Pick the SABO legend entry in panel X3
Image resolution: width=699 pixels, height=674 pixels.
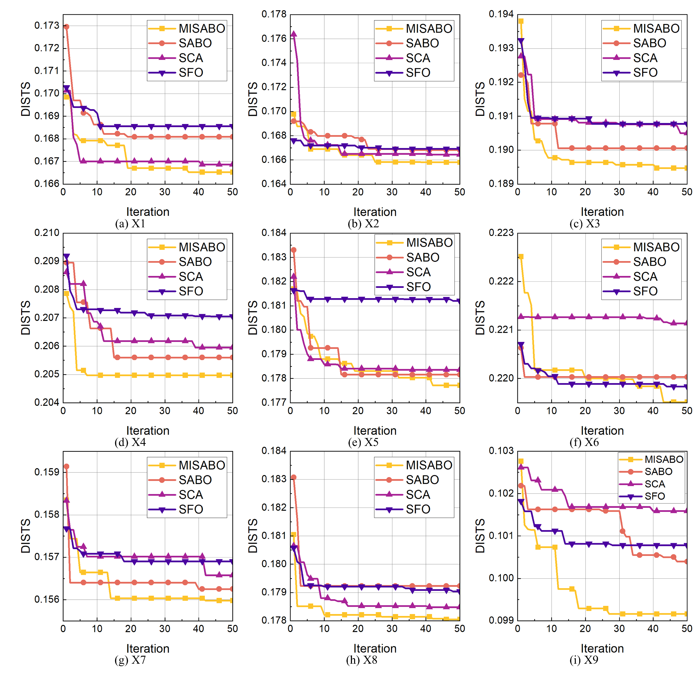(649, 43)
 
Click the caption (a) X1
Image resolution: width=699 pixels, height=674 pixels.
(130, 224)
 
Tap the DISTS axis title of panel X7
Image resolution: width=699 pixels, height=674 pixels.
(26, 536)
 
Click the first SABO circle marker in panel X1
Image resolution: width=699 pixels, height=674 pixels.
(66, 27)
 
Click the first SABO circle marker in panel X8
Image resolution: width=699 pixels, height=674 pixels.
(293, 477)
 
